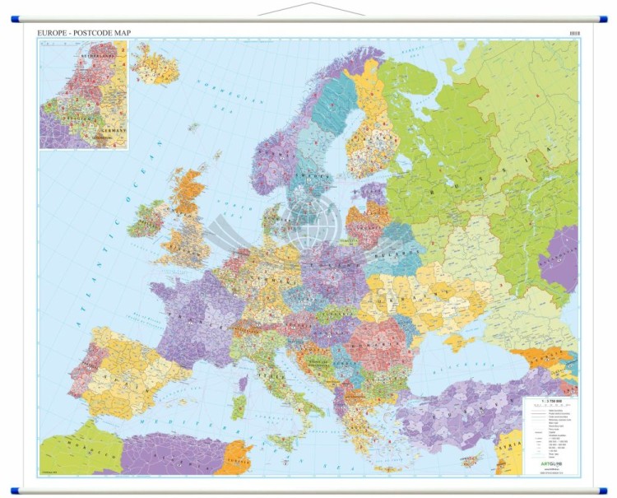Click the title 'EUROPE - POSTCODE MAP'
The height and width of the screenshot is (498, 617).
[84, 33]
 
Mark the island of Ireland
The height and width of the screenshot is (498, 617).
[148, 218]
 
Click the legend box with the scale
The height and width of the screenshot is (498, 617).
[550, 436]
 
